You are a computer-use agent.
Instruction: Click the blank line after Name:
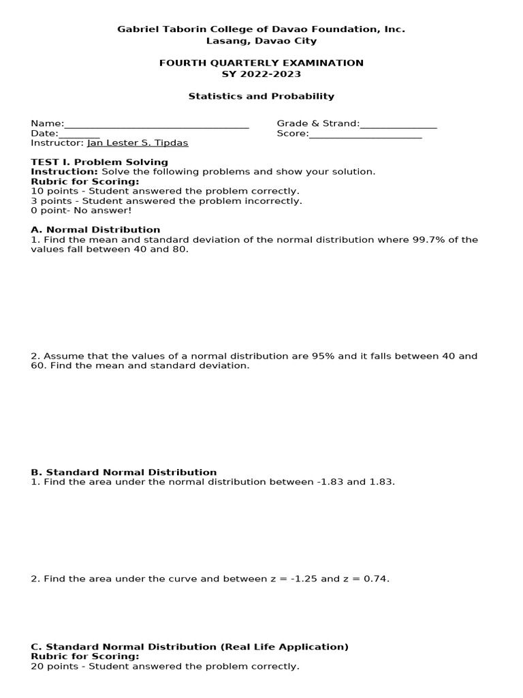click(157, 125)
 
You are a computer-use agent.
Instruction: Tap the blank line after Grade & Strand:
click(398, 125)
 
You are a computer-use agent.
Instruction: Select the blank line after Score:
click(365, 135)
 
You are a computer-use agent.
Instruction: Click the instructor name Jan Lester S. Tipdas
click(138, 143)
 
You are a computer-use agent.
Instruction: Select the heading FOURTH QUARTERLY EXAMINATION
click(261, 63)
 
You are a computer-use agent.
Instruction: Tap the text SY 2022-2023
click(261, 74)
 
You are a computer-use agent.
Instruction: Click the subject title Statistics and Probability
click(261, 96)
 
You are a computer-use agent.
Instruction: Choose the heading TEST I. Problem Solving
click(99, 162)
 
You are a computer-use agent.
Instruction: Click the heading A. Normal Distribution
click(95, 230)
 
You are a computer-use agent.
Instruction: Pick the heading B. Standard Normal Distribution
click(124, 472)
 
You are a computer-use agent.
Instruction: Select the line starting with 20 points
click(165, 666)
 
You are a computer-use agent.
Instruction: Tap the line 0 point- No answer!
click(81, 211)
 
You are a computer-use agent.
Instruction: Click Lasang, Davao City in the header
click(261, 41)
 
